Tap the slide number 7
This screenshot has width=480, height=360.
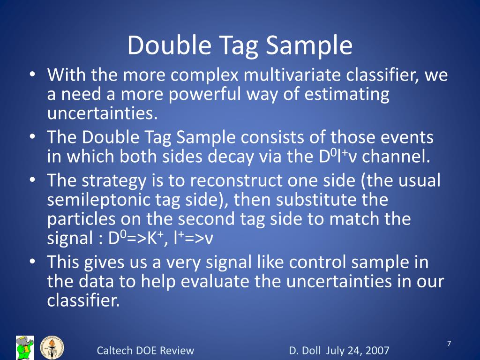449,345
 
